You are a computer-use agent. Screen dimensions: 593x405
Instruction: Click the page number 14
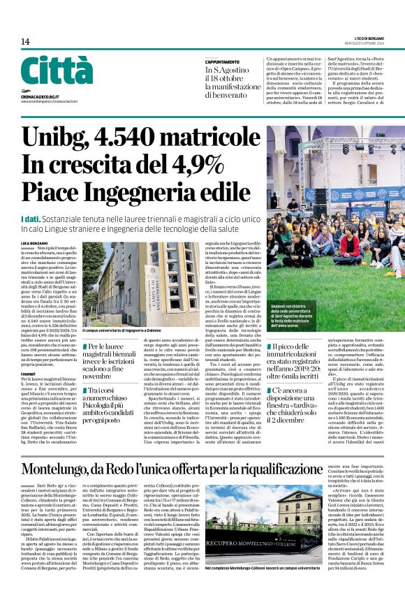[26, 42]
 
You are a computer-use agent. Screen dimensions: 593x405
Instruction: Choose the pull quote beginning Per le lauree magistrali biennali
[112, 362]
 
